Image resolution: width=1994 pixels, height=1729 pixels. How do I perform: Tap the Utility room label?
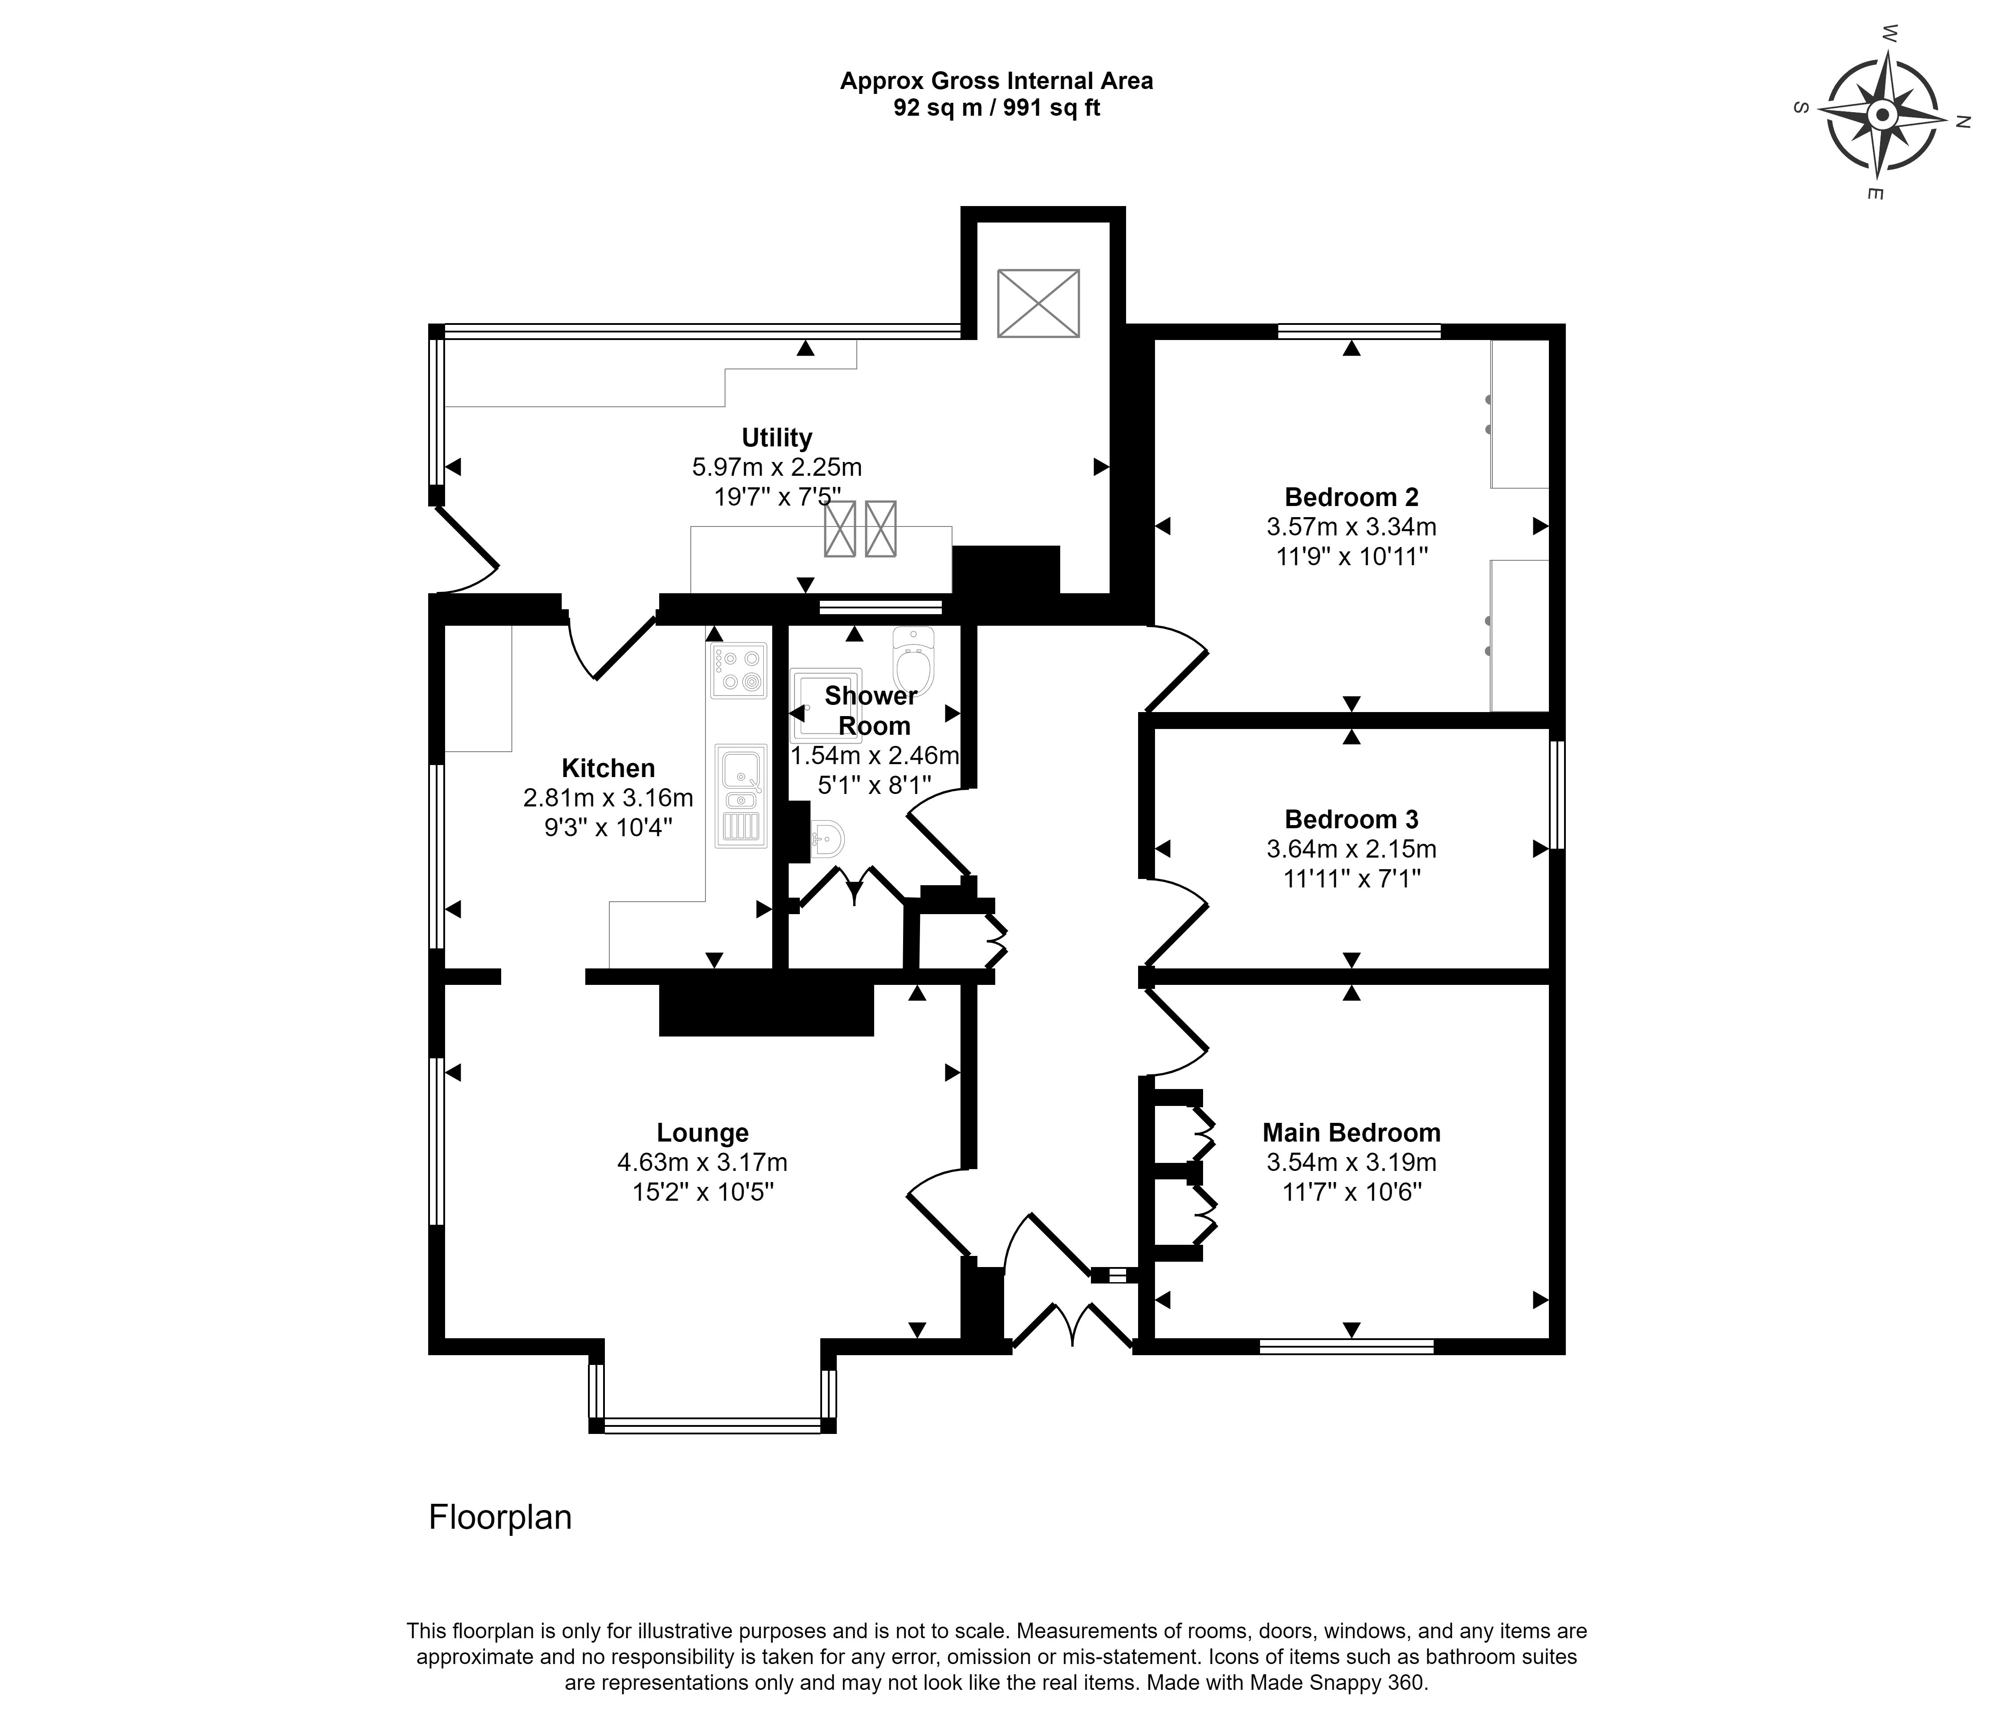tap(777, 438)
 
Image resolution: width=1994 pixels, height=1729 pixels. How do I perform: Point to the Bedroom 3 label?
tap(1352, 819)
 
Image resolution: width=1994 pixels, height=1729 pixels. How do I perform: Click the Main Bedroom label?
tap(1352, 1133)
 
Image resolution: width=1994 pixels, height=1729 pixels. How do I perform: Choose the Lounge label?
tap(702, 1133)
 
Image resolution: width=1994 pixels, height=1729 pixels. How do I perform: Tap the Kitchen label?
tap(608, 768)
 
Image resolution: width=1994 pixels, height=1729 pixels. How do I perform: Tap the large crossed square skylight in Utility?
tap(1038, 304)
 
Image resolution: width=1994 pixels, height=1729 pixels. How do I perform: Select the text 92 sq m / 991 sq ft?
tap(997, 108)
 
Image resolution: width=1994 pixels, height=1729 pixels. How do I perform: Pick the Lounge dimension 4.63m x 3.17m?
tap(702, 1162)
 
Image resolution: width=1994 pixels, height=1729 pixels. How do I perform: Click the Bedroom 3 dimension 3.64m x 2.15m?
tap(1352, 849)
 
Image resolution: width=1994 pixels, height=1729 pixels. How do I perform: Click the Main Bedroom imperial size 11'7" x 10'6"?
tap(1352, 1193)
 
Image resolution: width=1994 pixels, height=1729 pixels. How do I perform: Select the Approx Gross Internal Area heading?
tap(997, 81)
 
